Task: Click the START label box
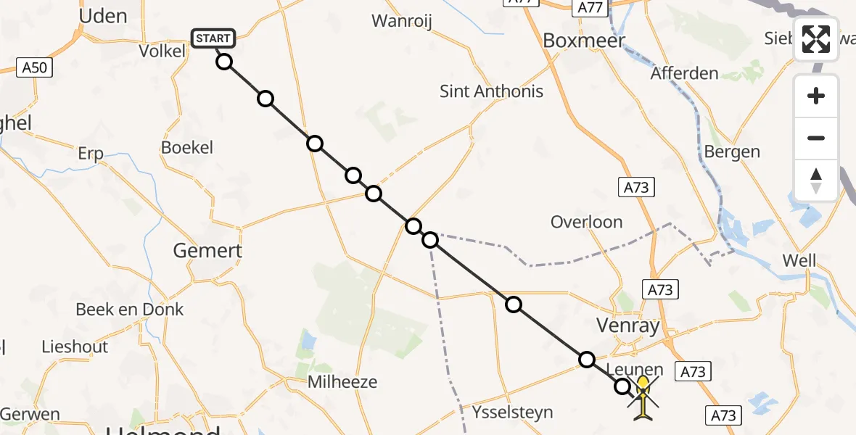point(213,38)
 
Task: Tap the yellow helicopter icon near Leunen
point(643,397)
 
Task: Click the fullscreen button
point(816,39)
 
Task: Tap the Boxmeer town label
point(583,41)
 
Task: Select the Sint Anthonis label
point(491,91)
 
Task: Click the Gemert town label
point(207,251)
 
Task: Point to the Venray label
point(627,326)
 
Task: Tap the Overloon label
point(586,222)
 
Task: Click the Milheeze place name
point(342,381)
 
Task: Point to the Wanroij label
point(401,21)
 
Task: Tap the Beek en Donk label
point(130,310)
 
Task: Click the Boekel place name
point(187,147)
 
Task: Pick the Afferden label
point(684,73)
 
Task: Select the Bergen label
point(732,152)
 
